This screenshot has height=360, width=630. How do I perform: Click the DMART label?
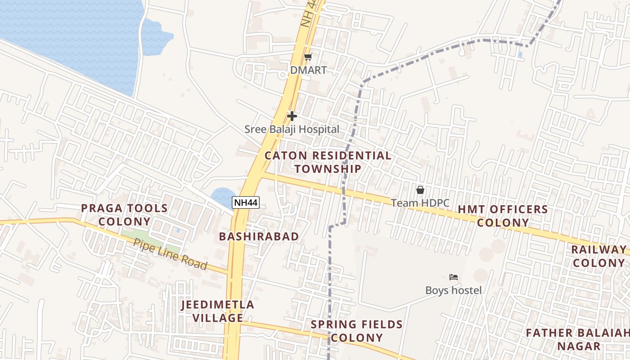[x=308, y=71]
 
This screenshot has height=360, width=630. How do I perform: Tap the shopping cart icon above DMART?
[x=308, y=57]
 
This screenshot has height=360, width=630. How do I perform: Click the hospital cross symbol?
[x=292, y=116]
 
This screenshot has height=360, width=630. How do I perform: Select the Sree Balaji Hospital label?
[x=292, y=130]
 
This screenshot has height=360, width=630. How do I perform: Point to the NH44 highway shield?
[x=246, y=202]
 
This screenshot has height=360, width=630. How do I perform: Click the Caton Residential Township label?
[x=328, y=162]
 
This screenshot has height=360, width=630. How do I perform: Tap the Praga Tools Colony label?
[x=124, y=215]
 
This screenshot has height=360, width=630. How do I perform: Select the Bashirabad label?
[x=259, y=237]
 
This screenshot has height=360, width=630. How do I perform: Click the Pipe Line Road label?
[x=171, y=254]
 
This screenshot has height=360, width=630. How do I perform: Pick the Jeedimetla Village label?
[x=218, y=311]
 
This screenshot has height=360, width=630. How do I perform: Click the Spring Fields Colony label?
[x=357, y=331]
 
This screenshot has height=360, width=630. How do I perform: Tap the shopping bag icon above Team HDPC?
[x=420, y=190]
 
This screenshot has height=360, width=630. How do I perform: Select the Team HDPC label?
[x=420, y=203]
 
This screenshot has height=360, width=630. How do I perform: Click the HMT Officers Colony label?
[x=503, y=216]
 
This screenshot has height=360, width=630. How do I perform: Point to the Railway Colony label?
[x=599, y=256]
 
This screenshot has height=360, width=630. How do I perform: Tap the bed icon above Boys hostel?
[x=454, y=277]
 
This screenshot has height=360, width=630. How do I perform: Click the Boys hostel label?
[x=454, y=290]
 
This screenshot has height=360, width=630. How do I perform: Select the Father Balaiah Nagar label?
[x=578, y=340]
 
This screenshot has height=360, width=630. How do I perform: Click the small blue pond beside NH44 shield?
[x=222, y=196]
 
